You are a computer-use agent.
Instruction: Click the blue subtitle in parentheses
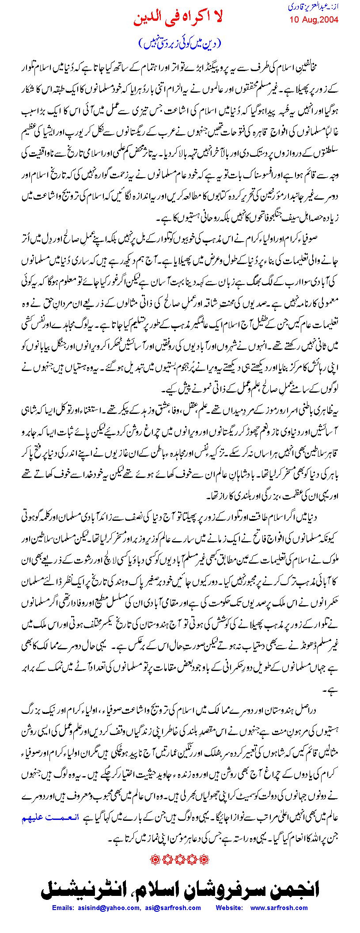(179, 42)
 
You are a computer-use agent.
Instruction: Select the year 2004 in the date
(328, 20)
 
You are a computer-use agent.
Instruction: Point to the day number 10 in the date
(294, 20)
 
